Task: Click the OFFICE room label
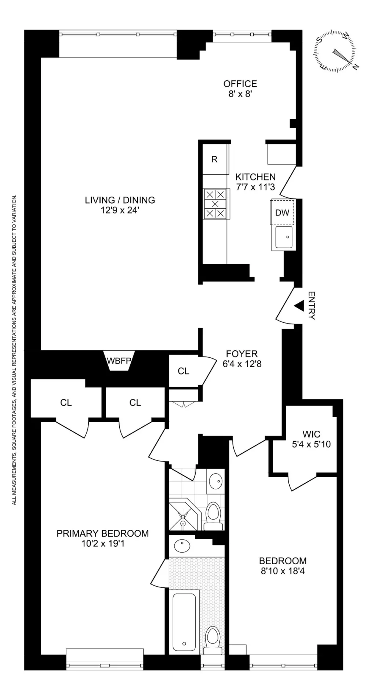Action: tap(240, 84)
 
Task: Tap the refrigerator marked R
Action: tap(215, 159)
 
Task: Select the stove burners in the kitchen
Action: tap(215, 204)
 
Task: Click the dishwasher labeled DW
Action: tap(283, 212)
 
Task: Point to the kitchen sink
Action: tap(284, 237)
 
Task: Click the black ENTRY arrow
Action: tap(299, 305)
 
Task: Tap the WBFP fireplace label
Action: tap(119, 360)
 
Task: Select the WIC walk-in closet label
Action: tap(311, 434)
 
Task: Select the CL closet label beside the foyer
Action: tap(183, 371)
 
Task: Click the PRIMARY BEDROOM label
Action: tap(103, 533)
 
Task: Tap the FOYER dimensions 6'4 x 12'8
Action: tap(242, 364)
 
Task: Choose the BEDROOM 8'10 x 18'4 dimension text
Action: tap(283, 571)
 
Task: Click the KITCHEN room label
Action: tap(255, 177)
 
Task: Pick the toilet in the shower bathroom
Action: tap(213, 516)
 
